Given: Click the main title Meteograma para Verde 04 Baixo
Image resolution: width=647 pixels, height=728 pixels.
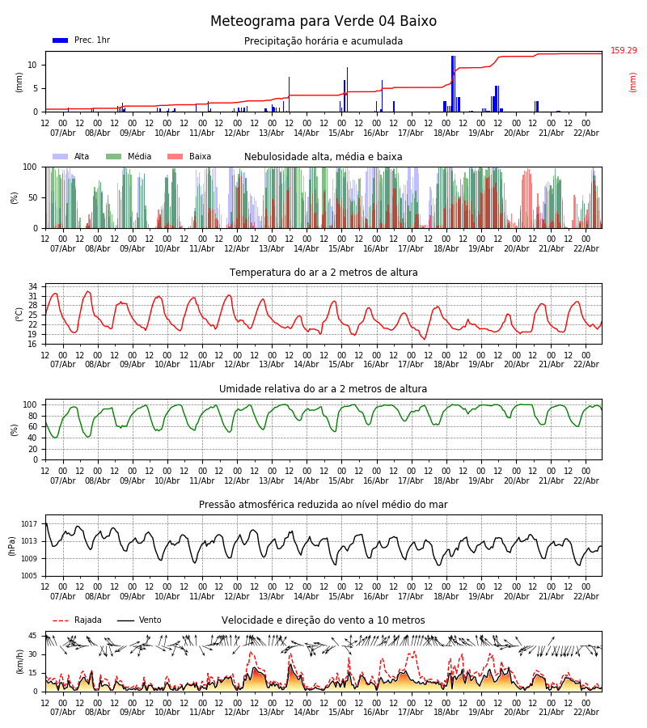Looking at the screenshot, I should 323,22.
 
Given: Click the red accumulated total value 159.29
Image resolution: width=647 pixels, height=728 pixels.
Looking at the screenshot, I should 624,51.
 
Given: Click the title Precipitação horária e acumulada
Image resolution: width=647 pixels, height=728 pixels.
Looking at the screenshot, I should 323,41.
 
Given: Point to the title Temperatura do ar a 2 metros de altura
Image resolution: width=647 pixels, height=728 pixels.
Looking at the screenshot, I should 323,273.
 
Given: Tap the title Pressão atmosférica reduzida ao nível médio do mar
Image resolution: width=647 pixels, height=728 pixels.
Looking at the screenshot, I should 323,505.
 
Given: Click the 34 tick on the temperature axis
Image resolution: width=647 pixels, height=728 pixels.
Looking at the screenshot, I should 32,286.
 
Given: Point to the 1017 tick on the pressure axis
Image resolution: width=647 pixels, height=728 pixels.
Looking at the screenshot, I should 29,523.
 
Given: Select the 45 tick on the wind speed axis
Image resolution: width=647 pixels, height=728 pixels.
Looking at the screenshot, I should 32,636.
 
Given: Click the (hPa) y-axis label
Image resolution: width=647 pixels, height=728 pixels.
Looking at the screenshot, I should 12,545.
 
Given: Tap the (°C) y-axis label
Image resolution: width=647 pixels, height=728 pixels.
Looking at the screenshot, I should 19,314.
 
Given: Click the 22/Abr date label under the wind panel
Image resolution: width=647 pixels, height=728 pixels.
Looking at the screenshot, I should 586,712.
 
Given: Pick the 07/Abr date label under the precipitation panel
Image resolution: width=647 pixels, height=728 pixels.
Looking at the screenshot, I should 63,133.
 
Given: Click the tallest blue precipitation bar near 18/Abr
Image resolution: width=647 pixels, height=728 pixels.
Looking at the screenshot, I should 453,81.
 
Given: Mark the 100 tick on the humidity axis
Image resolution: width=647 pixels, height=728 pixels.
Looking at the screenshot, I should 30,404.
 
